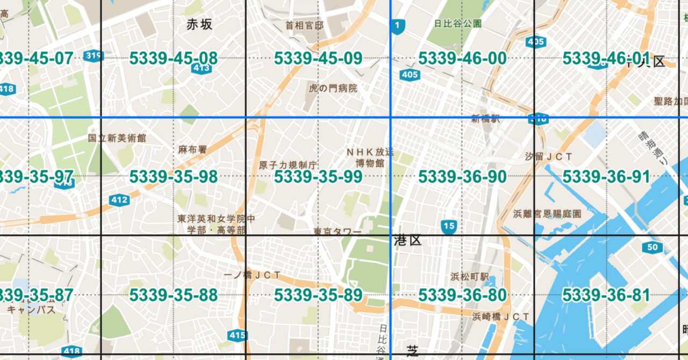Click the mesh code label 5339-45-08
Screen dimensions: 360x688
(173, 59)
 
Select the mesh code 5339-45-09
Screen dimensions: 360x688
(318, 59)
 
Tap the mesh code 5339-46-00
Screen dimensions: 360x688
(462, 59)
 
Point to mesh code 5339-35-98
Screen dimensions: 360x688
(173, 177)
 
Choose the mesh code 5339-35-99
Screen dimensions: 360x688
(318, 177)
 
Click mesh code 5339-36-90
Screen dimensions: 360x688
(462, 177)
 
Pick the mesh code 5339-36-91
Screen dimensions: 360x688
(606, 177)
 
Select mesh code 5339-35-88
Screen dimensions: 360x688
(173, 295)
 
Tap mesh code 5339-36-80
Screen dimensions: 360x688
(462, 295)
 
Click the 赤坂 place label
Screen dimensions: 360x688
(199, 24)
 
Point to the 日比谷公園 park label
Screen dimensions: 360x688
(458, 24)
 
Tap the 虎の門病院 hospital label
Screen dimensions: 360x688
(333, 88)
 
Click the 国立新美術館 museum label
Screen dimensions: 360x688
(117, 138)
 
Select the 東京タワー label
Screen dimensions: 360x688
(337, 232)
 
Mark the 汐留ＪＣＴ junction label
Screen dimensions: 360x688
(548, 156)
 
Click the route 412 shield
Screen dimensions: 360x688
(119, 200)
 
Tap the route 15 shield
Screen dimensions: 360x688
(449, 227)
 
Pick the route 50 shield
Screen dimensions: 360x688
(652, 248)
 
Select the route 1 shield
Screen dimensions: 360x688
(397, 26)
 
